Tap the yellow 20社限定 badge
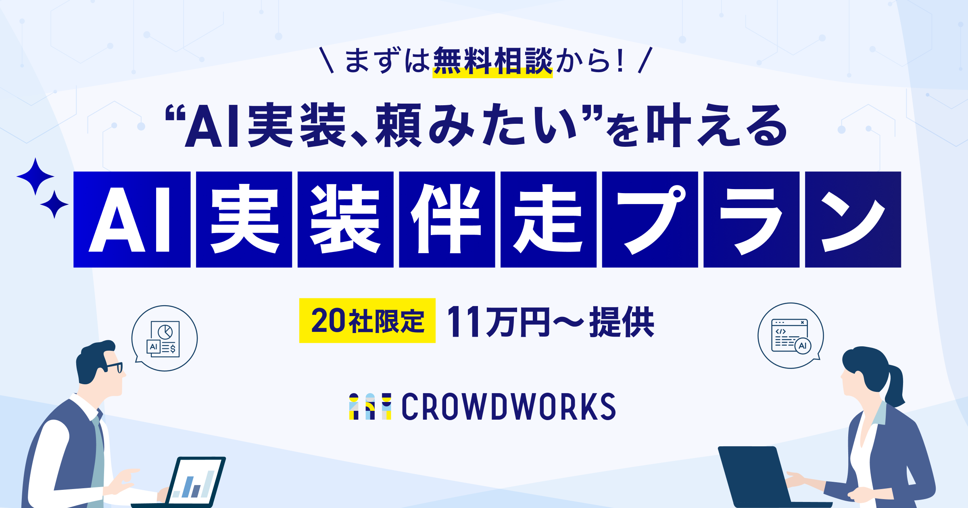367,321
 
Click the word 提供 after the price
622,321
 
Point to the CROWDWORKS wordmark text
509,406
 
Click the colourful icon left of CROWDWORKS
370,406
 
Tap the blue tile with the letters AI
132,219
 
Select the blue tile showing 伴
447,219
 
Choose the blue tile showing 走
549,219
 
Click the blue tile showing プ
650,219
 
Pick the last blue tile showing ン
853,219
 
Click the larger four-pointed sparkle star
35,176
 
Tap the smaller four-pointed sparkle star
54,204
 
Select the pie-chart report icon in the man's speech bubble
163,339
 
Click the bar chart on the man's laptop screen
193,485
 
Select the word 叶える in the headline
717,125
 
